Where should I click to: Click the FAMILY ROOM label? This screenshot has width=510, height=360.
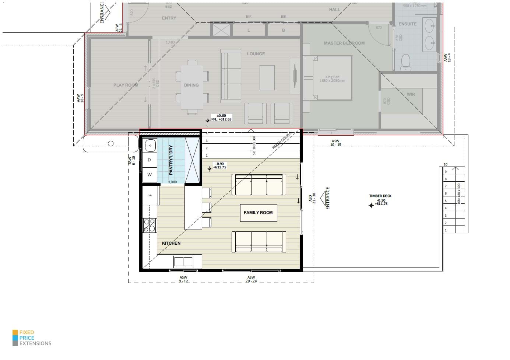(258, 213)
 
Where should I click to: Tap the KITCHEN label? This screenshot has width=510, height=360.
(171, 243)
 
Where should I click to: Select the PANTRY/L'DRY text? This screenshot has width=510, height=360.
(171, 160)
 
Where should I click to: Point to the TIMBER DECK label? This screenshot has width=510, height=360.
(380, 196)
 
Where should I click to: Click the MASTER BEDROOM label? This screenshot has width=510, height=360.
(344, 43)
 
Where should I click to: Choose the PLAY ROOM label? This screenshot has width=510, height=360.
(126, 85)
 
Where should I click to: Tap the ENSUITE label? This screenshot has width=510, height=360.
(408, 24)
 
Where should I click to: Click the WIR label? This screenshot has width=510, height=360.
(411, 94)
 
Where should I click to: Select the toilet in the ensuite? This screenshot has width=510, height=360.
(405, 62)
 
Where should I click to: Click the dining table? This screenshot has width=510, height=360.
(191, 87)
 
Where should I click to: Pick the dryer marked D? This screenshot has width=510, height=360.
(149, 160)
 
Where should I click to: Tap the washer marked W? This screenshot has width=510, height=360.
(149, 175)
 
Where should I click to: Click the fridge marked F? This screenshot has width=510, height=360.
(150, 195)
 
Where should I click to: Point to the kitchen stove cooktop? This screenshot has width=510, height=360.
(149, 226)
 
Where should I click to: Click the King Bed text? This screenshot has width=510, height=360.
(332, 79)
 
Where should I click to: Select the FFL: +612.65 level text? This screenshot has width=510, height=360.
(221, 119)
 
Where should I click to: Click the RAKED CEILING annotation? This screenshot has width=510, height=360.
(282, 140)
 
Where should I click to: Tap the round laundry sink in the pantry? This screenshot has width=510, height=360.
(150, 146)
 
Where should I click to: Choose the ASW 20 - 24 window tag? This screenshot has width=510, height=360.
(251, 279)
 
